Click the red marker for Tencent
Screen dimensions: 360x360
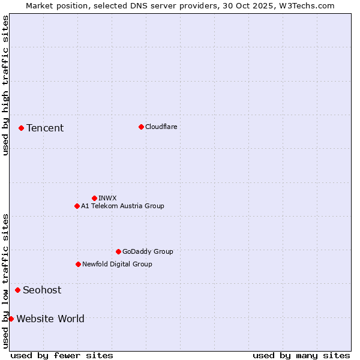pos(21,128)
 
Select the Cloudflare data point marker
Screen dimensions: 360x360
pos(141,127)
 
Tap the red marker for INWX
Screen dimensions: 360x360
pos(94,198)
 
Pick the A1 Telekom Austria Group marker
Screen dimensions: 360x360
pos(77,206)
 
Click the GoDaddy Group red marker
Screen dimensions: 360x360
pos(118,251)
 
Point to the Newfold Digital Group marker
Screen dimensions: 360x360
pos(78,264)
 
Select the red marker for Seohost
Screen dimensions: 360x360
pos(17,290)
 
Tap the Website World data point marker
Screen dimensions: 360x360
pos(11,319)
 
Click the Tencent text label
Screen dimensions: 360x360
pos(45,128)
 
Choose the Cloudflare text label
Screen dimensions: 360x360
pos(161,127)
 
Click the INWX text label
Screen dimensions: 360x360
pos(107,198)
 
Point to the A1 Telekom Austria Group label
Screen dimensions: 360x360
pos(122,206)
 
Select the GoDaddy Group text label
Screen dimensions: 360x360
pos(148,251)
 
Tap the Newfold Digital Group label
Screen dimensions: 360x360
pos(117,264)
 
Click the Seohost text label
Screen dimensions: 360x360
pos(42,290)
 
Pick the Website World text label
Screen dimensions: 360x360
pos(50,319)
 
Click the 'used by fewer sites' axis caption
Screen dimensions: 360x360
pos(62,355)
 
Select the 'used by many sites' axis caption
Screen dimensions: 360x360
pos(301,355)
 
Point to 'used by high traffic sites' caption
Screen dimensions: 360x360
pos(5,85)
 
